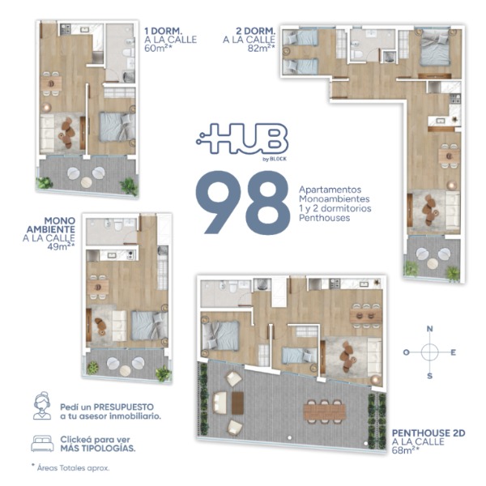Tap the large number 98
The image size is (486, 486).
[243, 202]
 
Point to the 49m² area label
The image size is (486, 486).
[61, 247]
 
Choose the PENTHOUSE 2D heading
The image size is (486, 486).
[428, 433]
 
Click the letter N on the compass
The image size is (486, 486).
[429, 329]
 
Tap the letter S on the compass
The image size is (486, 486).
[429, 376]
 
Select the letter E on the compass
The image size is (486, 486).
[453, 352]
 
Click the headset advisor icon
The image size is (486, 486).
[42, 406]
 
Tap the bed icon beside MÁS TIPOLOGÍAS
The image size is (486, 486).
[42, 444]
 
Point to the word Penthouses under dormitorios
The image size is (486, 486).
[324, 218]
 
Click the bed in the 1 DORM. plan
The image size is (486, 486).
[117, 127]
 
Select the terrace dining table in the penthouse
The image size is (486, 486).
[324, 412]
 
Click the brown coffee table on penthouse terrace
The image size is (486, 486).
[237, 403]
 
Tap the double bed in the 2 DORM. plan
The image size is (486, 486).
[434, 48]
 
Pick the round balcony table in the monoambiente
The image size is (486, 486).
[126, 370]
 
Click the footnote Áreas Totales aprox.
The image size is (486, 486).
[73, 468]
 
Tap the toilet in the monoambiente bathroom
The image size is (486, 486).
[118, 225]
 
